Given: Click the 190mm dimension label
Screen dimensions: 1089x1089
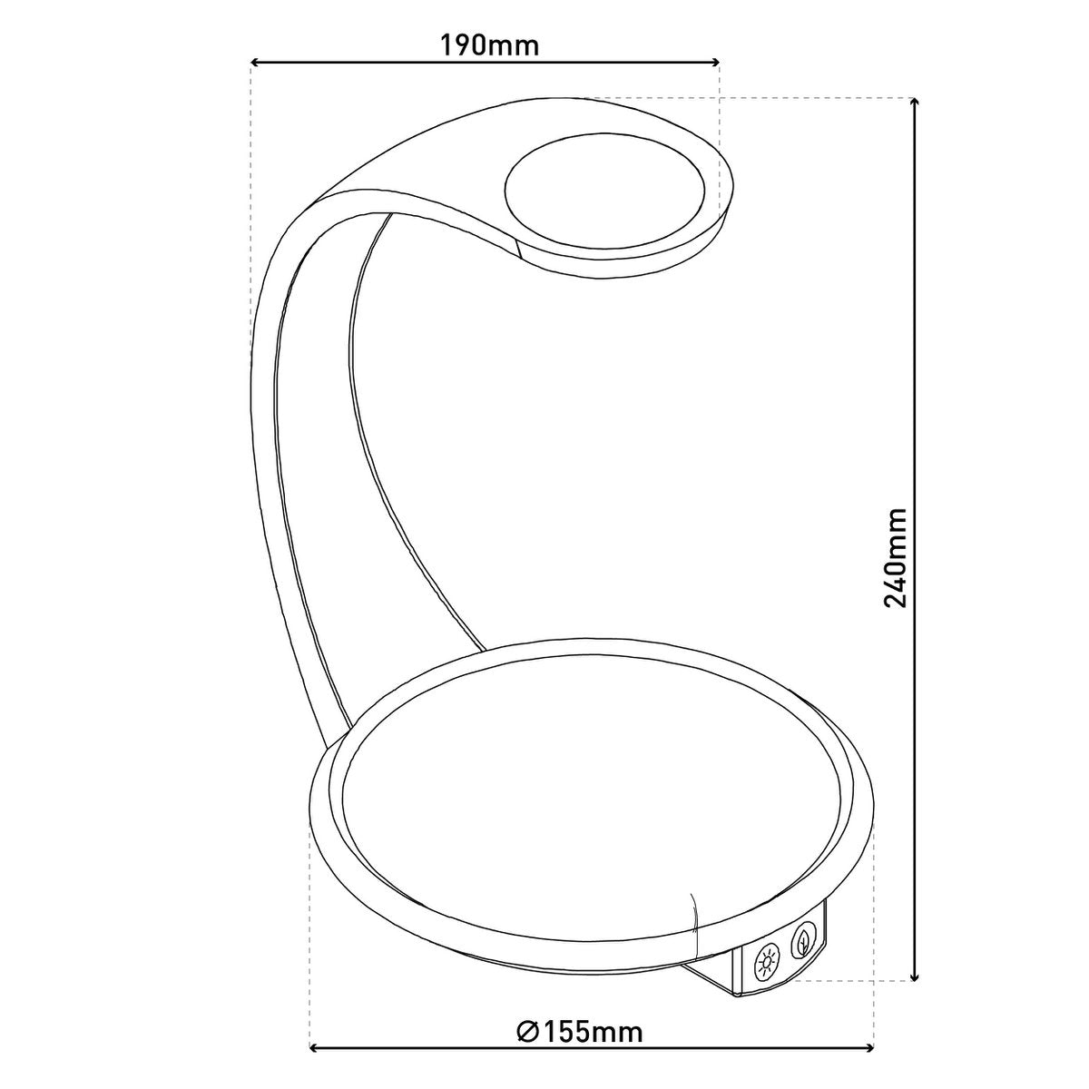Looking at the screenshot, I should click(x=490, y=44).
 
